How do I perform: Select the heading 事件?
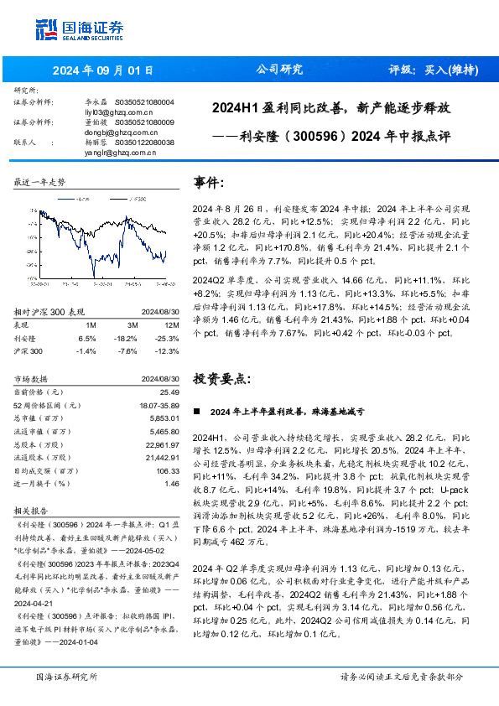(209, 183)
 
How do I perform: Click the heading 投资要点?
(222, 378)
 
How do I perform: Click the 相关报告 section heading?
(33, 509)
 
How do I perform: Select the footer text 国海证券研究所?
(66, 677)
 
